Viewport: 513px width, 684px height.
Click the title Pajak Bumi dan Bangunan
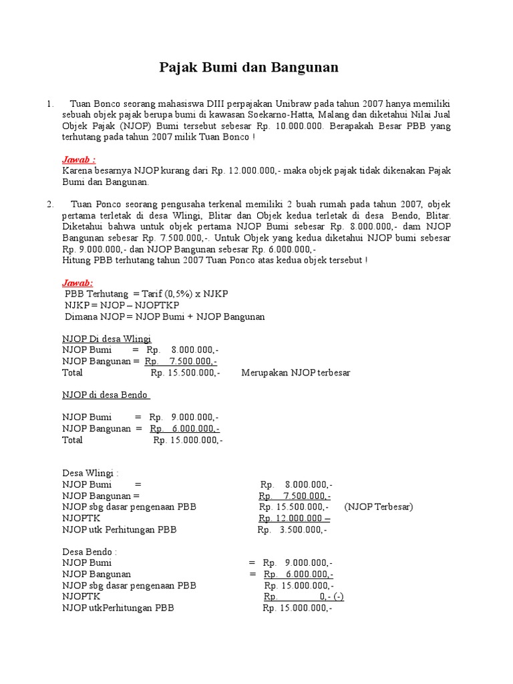click(x=248, y=67)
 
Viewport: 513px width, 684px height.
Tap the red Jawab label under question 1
click(x=78, y=160)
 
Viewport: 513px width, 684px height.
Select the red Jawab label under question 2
click(x=77, y=283)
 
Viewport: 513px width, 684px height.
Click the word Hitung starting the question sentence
click(x=76, y=260)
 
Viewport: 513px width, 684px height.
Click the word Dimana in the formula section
click(x=80, y=317)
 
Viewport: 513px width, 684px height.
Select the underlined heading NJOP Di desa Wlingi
click(x=106, y=339)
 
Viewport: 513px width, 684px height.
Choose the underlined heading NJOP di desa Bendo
click(x=106, y=395)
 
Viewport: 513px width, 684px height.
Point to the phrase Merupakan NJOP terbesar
click(x=295, y=373)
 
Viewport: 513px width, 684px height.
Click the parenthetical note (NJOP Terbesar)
click(x=379, y=507)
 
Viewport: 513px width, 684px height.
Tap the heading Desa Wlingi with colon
click(x=90, y=473)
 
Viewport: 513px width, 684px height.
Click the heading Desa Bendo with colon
click(x=89, y=552)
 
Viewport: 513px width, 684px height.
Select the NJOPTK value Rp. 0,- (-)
click(x=304, y=597)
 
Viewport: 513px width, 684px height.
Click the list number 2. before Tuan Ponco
click(x=50, y=204)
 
